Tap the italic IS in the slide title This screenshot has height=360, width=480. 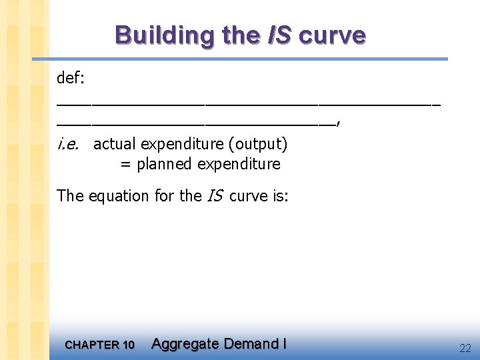tap(279, 35)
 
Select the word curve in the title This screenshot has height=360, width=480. tap(332, 35)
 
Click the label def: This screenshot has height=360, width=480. tap(70, 78)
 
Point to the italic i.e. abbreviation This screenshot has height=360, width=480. tap(69, 143)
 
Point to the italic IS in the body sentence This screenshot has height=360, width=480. tap(215, 196)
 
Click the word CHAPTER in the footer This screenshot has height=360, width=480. tap(91, 345)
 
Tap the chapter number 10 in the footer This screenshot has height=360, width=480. tap(127, 345)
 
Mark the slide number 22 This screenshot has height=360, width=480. tap(465, 347)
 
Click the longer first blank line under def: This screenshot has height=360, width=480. tap(249, 105)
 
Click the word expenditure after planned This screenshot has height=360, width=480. tap(239, 164)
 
